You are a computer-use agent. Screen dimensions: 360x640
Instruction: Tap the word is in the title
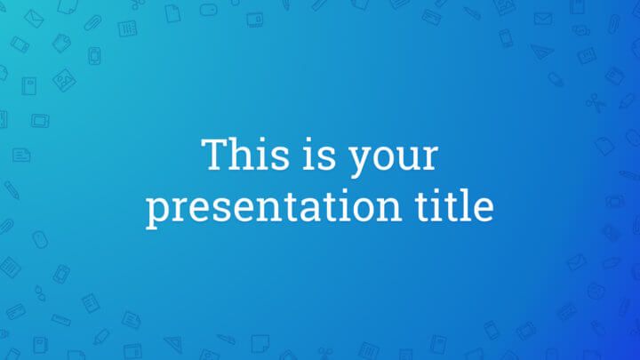click(x=318, y=156)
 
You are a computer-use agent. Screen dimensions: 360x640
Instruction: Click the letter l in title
click(x=469, y=204)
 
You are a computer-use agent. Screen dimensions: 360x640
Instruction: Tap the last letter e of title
click(x=484, y=208)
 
